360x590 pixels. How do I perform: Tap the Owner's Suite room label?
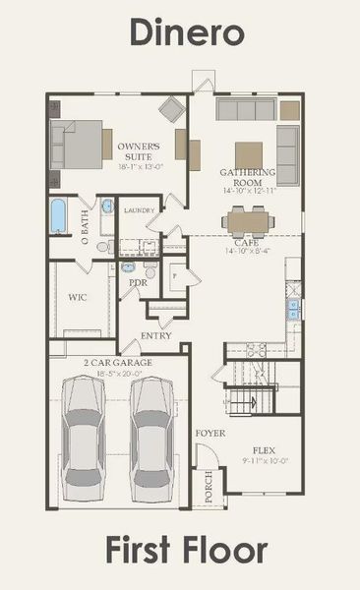[x=140, y=151]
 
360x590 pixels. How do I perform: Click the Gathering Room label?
[x=248, y=178]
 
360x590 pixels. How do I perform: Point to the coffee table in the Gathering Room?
[x=249, y=155]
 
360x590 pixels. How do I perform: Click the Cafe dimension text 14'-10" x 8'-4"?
[x=247, y=252]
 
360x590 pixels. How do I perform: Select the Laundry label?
[x=141, y=209]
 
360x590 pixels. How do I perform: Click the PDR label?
[x=139, y=282]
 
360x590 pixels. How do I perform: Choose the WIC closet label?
[x=79, y=295]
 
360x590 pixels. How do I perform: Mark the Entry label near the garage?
[x=155, y=336]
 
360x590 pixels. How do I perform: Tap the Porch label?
[x=207, y=482]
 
